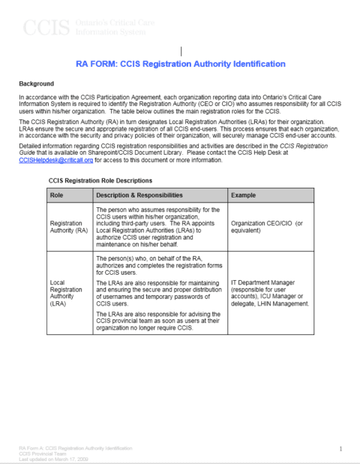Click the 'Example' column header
pos(247,195)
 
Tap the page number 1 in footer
pos(340,449)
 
